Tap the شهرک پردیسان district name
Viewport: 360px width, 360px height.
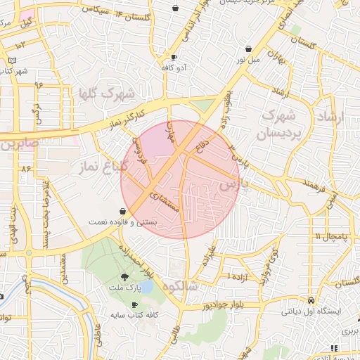[281, 124]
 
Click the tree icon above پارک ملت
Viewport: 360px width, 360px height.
[125, 277]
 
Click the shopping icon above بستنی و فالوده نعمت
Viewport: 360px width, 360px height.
[123, 210]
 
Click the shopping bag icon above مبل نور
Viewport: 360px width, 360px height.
[249, 49]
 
